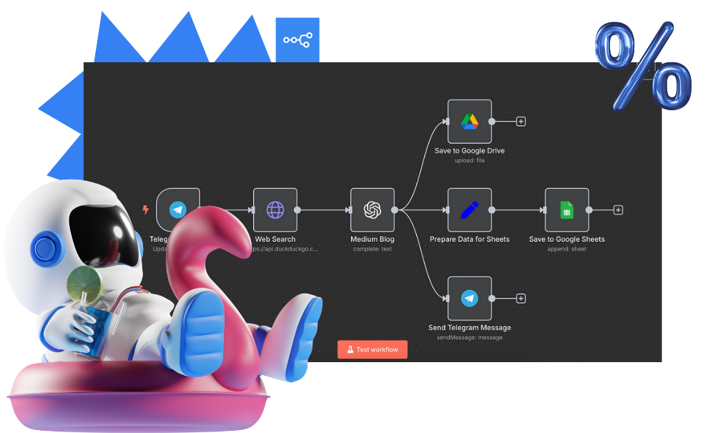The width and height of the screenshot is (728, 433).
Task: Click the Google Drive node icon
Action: click(x=469, y=122)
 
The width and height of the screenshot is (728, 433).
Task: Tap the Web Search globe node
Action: click(x=275, y=210)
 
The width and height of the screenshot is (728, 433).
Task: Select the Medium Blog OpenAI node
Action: click(x=372, y=210)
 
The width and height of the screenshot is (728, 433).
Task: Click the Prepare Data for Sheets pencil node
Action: click(x=469, y=210)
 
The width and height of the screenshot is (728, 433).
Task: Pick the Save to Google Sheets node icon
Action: click(x=566, y=210)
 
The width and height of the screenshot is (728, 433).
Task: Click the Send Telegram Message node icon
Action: click(x=469, y=298)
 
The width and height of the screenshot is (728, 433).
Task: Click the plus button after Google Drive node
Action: click(x=521, y=122)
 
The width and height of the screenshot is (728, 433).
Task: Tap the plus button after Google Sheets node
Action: click(x=618, y=210)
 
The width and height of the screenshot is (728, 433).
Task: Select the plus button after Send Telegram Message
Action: click(x=521, y=298)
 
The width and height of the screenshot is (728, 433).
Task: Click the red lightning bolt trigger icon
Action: click(x=146, y=210)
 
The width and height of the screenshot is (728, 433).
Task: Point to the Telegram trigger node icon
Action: click(x=177, y=210)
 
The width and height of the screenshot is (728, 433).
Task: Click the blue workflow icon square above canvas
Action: click(x=297, y=39)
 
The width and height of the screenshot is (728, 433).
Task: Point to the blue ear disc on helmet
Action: click(x=44, y=249)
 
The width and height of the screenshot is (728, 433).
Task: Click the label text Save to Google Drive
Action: click(x=469, y=151)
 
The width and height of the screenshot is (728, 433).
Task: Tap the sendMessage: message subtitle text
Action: click(x=469, y=337)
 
